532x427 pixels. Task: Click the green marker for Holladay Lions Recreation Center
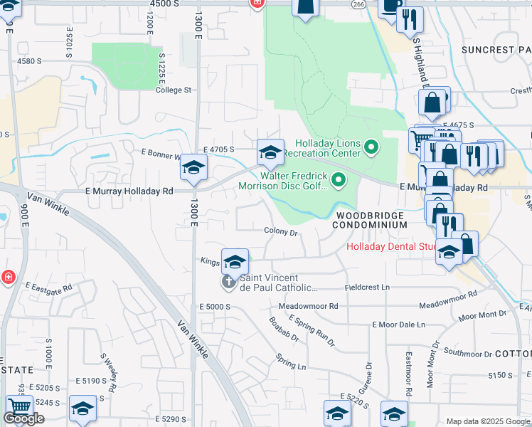371,147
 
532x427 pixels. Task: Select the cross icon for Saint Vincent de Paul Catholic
229,283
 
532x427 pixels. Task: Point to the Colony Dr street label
281,231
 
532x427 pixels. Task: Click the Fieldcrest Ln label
368,287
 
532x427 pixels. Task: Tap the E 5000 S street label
216,306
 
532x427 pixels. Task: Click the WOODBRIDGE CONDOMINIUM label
371,219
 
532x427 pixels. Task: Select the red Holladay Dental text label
390,247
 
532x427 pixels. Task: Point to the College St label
174,90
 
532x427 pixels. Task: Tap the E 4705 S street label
219,149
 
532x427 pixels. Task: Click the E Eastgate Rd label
49,288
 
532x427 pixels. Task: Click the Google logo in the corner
23,418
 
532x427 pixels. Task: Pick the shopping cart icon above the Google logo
19,406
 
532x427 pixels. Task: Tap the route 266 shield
358,4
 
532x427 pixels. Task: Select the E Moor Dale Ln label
398,324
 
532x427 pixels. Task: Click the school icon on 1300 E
193,167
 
